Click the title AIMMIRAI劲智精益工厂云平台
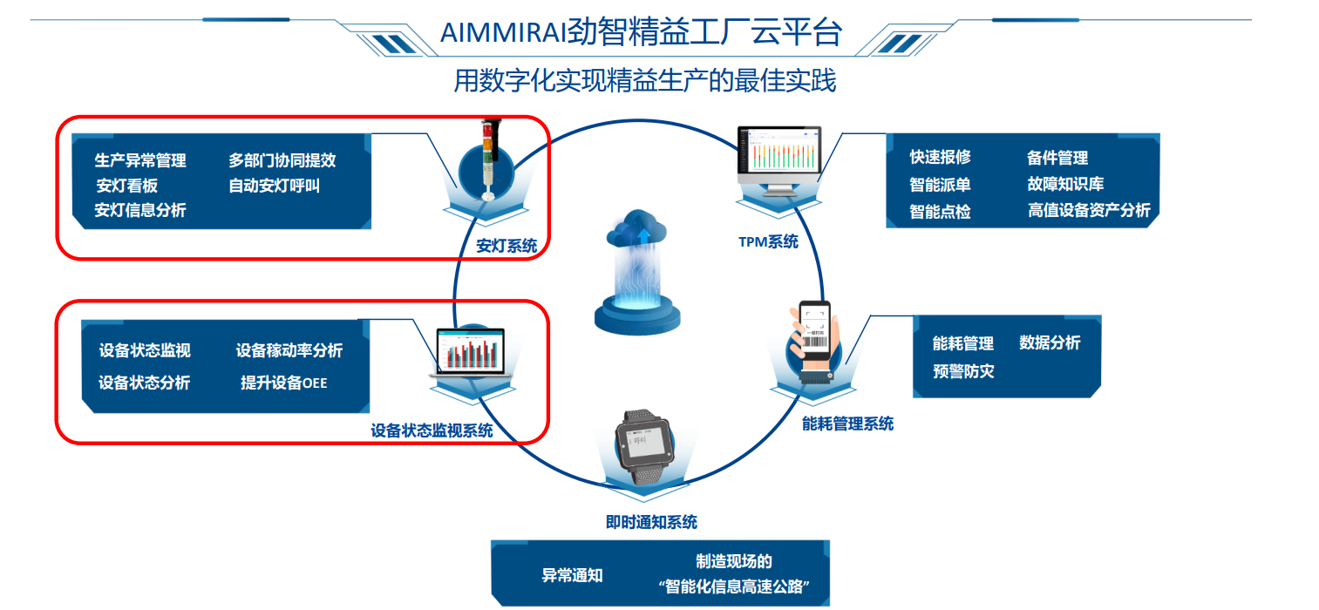pos(641,33)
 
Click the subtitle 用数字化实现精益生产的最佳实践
pos(644,81)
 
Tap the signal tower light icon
pos(487,161)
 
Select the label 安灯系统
pos(507,246)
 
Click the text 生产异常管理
pos(140,160)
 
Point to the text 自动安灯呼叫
pos(274,186)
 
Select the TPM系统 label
pos(768,242)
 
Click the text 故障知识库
pos(1065,185)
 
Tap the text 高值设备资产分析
pos(1089,210)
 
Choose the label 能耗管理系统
pos(847,424)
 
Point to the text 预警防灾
pos(963,371)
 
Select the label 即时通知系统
pos(651,523)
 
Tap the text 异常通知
pos(572,575)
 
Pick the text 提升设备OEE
pos(284,383)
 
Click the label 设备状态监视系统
pos(432,430)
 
